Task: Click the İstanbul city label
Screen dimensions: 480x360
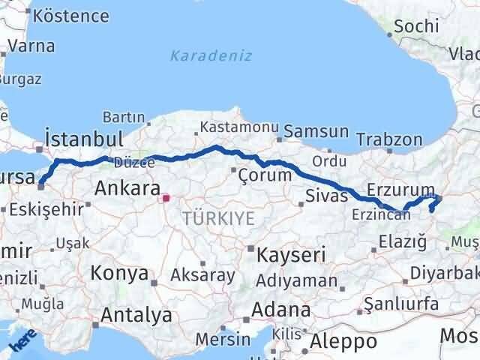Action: (84, 138)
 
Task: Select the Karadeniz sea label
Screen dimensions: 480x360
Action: (211, 56)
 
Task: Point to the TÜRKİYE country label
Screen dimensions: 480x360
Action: (218, 219)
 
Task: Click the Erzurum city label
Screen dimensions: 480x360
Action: (401, 188)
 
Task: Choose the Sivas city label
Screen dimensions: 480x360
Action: (327, 196)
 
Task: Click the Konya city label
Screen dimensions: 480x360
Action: (119, 274)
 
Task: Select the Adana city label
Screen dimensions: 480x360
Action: (281, 310)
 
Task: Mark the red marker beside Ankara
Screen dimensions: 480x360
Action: (166, 199)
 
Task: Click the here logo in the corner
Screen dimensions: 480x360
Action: (21, 343)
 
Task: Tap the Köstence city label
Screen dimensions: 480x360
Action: (61, 16)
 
